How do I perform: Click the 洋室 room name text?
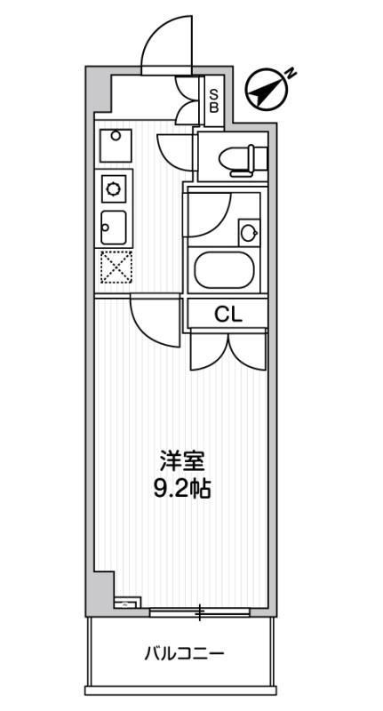(x=183, y=461)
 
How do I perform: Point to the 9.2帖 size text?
(x=183, y=488)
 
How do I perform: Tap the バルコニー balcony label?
(x=185, y=655)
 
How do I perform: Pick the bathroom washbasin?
(x=250, y=234)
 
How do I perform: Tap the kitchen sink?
(x=115, y=228)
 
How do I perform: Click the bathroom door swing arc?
(x=208, y=213)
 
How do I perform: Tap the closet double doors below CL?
(x=227, y=350)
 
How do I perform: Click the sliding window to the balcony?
(x=201, y=612)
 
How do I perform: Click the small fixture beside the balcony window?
(x=127, y=603)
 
